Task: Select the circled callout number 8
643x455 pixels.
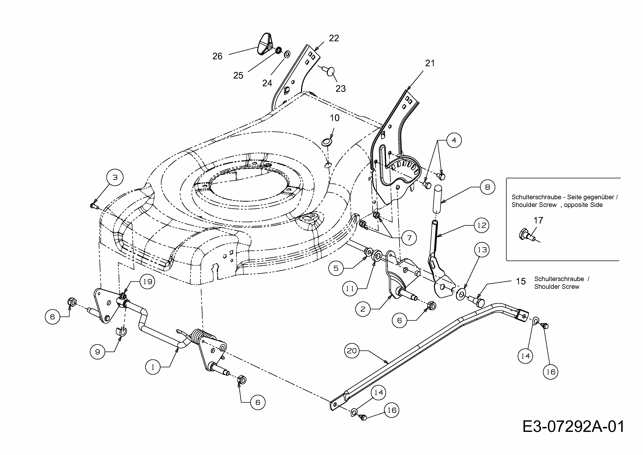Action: tap(488, 187)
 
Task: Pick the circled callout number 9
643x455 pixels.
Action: tap(98, 352)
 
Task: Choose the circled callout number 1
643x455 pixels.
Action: tap(153, 367)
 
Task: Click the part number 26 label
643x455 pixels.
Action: tap(217, 56)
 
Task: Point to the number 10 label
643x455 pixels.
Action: tap(335, 118)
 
